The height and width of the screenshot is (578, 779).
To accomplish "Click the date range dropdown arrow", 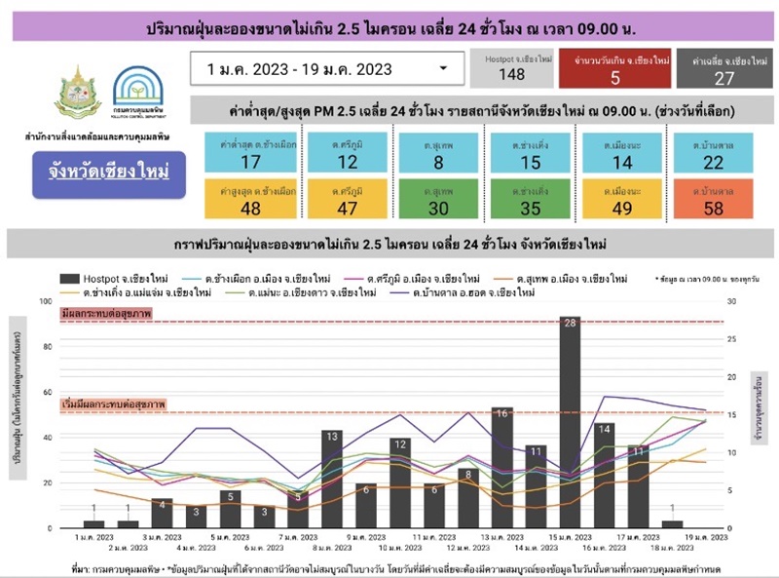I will coord(444,68).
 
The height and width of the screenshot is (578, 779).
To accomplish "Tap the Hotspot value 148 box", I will coord(511,68).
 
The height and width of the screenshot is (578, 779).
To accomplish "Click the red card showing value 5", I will coord(615,68).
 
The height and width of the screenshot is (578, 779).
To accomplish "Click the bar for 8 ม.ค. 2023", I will coord(331,479).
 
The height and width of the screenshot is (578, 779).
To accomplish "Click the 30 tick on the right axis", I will coord(732,301).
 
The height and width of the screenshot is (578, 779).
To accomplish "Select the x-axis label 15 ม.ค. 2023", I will coord(570,537).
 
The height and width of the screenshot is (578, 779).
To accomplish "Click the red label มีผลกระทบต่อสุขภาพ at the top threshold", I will coord(107,315).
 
